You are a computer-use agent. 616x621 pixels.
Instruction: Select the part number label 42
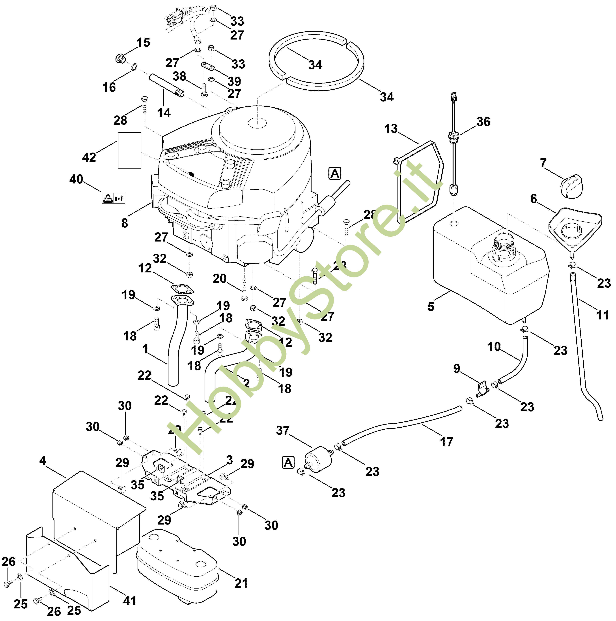[x=89, y=157]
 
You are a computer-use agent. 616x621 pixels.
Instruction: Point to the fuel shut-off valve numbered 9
[x=482, y=389]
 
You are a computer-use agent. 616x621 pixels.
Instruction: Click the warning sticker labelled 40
[x=113, y=198]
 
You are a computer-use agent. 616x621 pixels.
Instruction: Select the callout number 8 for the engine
[x=125, y=223]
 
